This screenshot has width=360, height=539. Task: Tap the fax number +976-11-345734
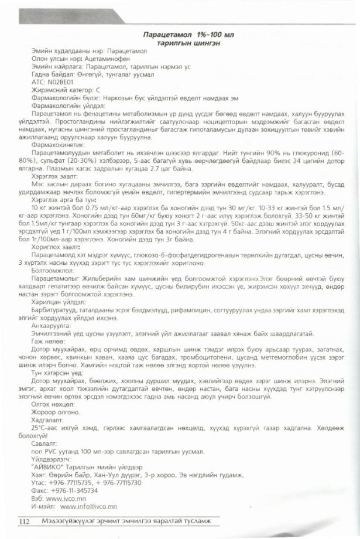click(x=77, y=491)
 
